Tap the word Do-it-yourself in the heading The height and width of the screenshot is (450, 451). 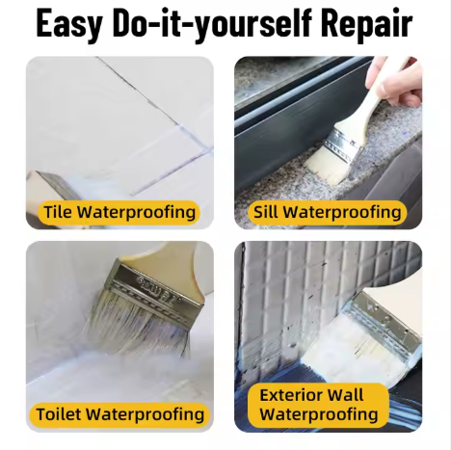214,24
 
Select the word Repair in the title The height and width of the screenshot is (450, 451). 365,24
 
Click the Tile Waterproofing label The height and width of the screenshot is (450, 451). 119,212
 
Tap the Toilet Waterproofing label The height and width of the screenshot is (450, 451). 119,414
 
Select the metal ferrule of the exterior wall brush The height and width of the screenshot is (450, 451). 381,318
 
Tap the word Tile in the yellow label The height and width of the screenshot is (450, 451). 58,212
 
